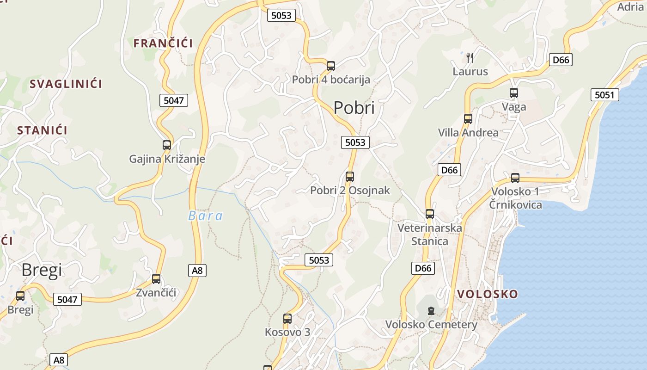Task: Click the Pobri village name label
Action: pos(354,108)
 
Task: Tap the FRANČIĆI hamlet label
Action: pos(163,43)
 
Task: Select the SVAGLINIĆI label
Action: pos(66,84)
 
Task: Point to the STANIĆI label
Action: pos(42,130)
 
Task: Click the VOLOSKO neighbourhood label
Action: pos(488,294)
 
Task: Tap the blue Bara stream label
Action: pos(205,216)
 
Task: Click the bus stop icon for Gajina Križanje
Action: pos(167,145)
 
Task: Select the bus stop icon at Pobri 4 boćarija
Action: pos(331,66)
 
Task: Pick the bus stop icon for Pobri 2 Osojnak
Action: pos(350,176)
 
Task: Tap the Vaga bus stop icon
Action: pos(514,93)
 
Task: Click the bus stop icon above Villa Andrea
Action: pos(468,119)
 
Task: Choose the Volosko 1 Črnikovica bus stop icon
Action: pos(515,178)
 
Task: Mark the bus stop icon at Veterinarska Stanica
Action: pos(430,214)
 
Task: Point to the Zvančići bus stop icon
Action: pos(156,279)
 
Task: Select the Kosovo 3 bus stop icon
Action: pos(287,319)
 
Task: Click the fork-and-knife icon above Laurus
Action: pos(470,58)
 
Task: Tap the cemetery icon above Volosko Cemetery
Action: pos(431,311)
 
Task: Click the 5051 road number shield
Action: pos(604,95)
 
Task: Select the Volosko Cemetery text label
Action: pos(431,325)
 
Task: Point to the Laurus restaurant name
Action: pos(470,72)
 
